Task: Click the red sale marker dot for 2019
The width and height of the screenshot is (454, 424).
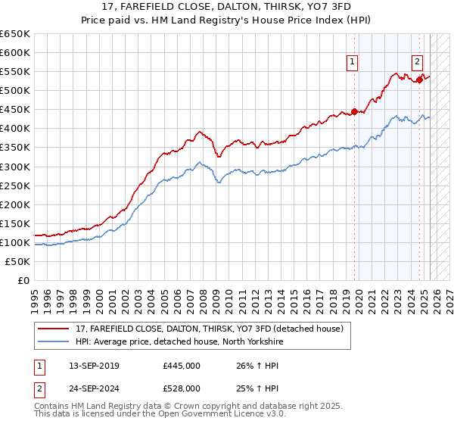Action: [x=354, y=112]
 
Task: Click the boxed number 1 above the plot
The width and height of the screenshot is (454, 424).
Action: [x=353, y=63]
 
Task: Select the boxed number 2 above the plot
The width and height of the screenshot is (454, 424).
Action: [x=418, y=63]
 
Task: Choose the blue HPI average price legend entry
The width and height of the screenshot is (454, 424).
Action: [x=179, y=341]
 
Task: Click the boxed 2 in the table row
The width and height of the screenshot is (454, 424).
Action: [x=39, y=388]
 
